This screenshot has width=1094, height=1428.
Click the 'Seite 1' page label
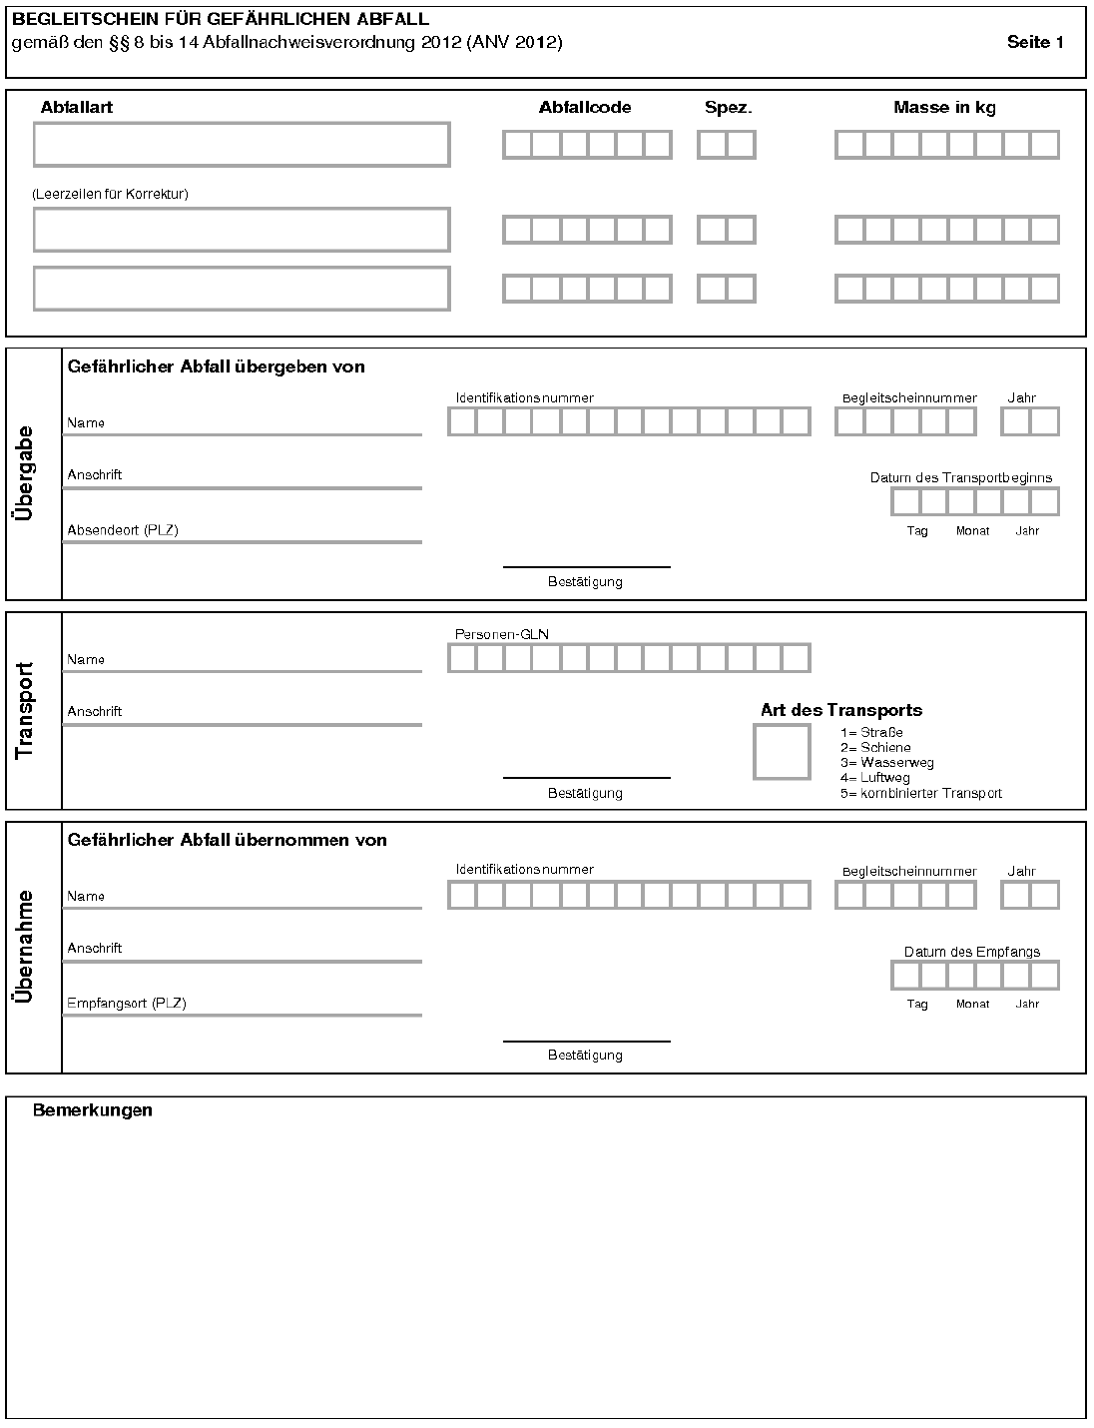click(1035, 42)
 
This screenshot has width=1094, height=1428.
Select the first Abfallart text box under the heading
click(242, 145)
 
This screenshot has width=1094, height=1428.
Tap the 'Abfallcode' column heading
click(585, 108)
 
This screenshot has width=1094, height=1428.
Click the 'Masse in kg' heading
click(944, 108)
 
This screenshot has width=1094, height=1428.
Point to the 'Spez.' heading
click(728, 108)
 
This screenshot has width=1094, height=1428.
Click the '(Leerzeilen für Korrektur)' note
click(111, 194)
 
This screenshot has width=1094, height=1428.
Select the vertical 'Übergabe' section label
click(24, 473)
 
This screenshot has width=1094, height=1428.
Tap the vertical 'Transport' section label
click(24, 710)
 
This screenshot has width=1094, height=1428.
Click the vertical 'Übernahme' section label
click(24, 947)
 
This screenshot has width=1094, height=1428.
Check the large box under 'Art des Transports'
click(782, 752)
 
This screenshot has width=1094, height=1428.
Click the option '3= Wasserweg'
click(886, 763)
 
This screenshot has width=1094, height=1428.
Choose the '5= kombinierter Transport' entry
click(920, 794)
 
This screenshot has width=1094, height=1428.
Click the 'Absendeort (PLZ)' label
click(123, 530)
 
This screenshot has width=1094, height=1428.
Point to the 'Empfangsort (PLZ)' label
click(127, 1004)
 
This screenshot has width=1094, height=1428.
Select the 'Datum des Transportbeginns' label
click(961, 478)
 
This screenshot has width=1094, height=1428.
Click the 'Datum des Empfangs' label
click(972, 952)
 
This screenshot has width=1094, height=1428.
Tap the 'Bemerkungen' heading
click(93, 1110)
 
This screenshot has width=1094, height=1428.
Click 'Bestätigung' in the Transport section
click(585, 794)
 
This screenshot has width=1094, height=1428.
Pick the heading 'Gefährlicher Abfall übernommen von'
click(228, 840)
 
